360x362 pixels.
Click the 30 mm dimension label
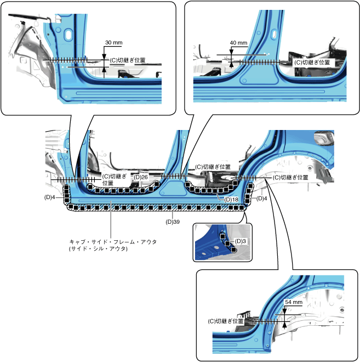(113, 42)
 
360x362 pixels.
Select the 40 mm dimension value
(238, 43)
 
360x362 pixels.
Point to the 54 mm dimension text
(294, 302)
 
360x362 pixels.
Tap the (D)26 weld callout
(141, 177)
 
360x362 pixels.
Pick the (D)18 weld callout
(231, 200)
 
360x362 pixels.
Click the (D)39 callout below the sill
(173, 222)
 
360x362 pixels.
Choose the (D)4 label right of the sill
(261, 199)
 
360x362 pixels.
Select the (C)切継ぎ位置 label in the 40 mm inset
(312, 63)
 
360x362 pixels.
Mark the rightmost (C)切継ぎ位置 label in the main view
(290, 178)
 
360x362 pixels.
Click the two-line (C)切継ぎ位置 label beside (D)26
(115, 179)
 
